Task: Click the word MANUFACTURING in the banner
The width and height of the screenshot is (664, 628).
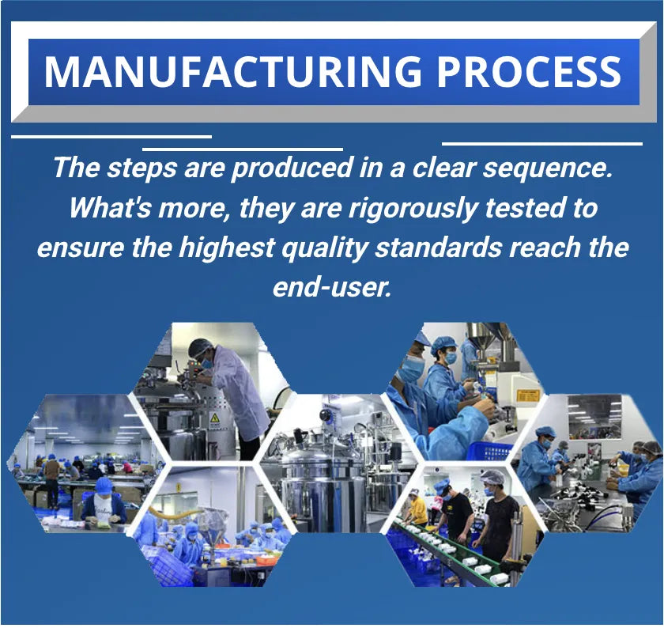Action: click(233, 70)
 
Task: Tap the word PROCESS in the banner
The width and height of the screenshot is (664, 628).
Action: click(529, 70)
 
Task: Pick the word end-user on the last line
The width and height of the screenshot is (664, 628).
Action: click(331, 288)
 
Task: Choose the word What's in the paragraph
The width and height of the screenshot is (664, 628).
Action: click(110, 207)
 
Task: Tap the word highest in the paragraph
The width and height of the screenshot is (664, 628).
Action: click(226, 248)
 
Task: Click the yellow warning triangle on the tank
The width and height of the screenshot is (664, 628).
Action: click(215, 418)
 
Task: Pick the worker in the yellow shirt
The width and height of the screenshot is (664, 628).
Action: click(417, 509)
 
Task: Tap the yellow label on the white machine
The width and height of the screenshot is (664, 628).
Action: click(530, 397)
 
